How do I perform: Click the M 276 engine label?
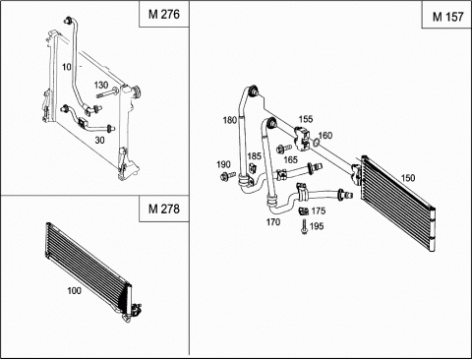(164, 14)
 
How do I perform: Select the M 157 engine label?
(448, 17)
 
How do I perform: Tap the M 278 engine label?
(164, 209)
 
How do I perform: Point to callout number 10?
(67, 67)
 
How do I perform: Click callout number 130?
(101, 86)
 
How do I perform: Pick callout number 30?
(99, 140)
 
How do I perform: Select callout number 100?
(74, 290)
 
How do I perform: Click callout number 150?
(408, 178)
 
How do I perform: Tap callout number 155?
(306, 119)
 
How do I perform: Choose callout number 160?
(325, 135)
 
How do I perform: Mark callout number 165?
(290, 159)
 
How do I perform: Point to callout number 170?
(273, 222)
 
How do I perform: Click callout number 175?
(319, 210)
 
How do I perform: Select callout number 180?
(230, 120)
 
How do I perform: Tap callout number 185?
(255, 155)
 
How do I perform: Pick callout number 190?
(223, 164)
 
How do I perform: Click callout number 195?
(317, 226)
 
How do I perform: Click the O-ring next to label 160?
(316, 143)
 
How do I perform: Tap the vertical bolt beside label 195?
(305, 226)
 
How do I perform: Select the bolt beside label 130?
(108, 92)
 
